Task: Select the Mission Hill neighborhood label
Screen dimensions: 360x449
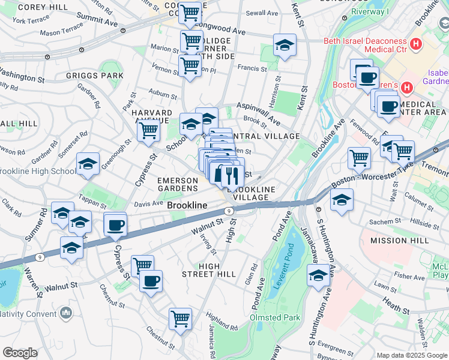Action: point(399,240)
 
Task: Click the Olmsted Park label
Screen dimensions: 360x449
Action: point(274,317)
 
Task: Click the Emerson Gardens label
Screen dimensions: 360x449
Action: point(178,184)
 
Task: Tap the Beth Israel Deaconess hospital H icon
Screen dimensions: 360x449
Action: point(415,44)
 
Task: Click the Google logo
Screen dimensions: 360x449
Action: point(20,353)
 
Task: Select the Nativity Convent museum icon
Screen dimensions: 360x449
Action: point(66,313)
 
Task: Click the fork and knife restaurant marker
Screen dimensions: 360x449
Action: point(232,175)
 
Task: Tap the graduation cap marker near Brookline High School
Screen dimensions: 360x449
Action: point(88,164)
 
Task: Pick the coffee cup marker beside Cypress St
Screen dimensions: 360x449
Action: point(115,225)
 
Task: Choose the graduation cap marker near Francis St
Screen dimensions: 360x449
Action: point(285,45)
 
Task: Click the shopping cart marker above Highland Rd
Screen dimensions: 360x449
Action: point(180,319)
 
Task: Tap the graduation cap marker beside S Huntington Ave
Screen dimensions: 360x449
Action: point(318,276)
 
